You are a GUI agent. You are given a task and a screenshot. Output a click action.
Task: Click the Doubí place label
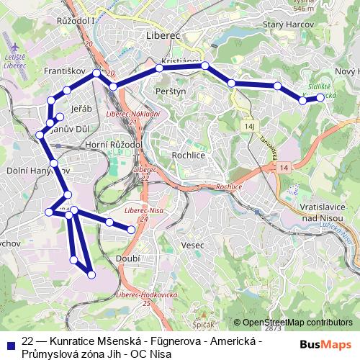coord(127,258)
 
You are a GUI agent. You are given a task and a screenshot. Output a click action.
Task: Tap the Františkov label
coord(65,72)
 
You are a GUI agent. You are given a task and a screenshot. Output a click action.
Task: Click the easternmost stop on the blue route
coord(320,97)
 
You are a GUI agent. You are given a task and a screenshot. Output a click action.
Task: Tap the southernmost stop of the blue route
coord(91,274)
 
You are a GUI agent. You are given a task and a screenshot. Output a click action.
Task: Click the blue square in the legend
coord(9,340)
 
